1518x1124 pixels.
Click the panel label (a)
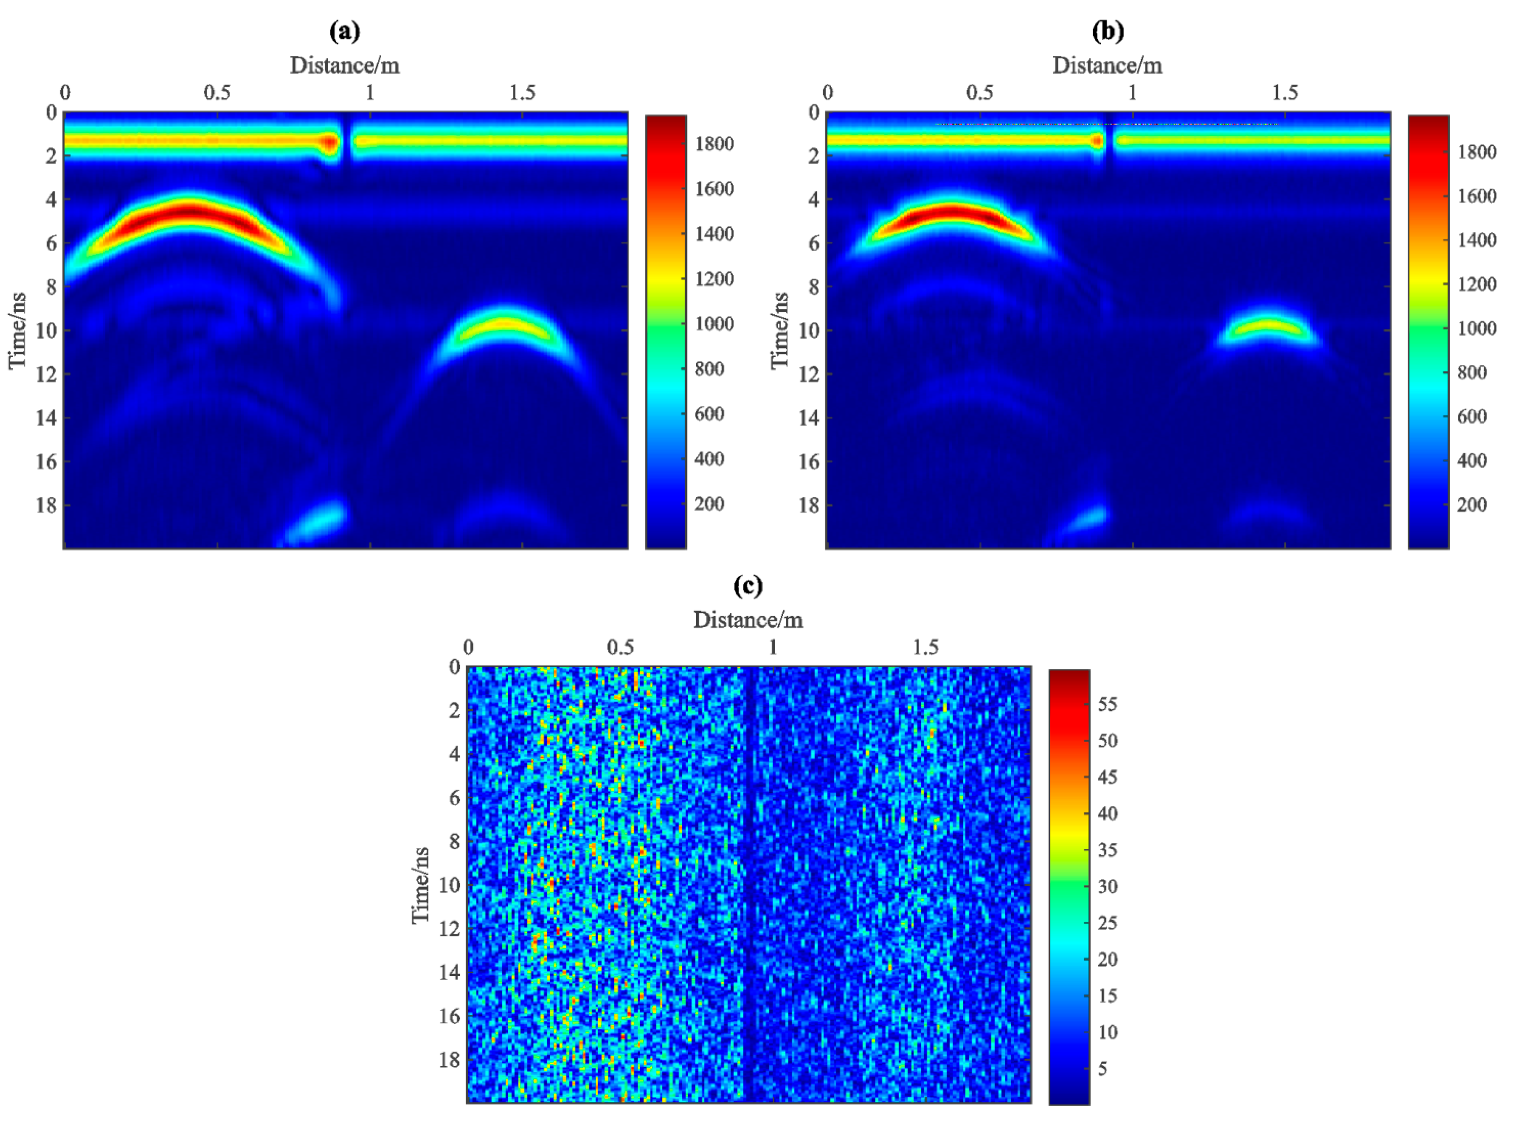tap(344, 31)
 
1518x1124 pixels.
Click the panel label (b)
tap(1107, 31)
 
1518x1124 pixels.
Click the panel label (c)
tap(748, 586)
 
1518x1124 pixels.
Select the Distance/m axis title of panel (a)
tap(344, 65)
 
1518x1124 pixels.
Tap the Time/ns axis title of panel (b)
tap(780, 331)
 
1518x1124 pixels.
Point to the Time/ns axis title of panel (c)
tap(420, 885)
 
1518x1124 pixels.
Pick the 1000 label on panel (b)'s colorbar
tap(1476, 328)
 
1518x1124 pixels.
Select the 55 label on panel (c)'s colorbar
tap(1107, 704)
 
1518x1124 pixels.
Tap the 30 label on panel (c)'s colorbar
tap(1107, 887)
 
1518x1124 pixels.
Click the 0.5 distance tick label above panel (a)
tap(217, 93)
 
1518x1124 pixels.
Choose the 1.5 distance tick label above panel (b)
tap(1284, 93)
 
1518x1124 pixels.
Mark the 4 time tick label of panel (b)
tap(814, 200)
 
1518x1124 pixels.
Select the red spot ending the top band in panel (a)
tap(330, 143)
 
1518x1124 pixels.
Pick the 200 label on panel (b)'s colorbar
tap(1472, 505)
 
